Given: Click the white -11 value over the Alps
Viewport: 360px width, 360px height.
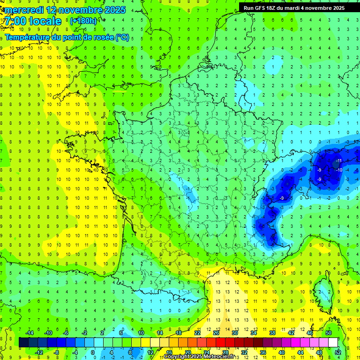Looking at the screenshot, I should point(338,161).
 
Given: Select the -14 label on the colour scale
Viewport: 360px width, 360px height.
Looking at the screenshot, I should point(29,333).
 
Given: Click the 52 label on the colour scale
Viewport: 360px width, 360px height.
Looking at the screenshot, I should point(337,352).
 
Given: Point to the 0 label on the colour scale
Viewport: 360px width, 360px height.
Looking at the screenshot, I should point(93,352).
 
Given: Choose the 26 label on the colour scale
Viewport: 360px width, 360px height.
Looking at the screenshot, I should point(216,333).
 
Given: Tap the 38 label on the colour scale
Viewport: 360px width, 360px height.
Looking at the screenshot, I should point(272,333).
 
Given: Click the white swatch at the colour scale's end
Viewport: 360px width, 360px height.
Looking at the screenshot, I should point(333,342).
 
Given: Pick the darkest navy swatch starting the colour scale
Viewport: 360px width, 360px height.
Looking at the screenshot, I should point(23,342).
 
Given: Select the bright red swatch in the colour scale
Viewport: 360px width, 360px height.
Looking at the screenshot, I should point(220,342).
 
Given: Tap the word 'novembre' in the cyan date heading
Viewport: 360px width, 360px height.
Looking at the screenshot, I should point(82,10).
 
